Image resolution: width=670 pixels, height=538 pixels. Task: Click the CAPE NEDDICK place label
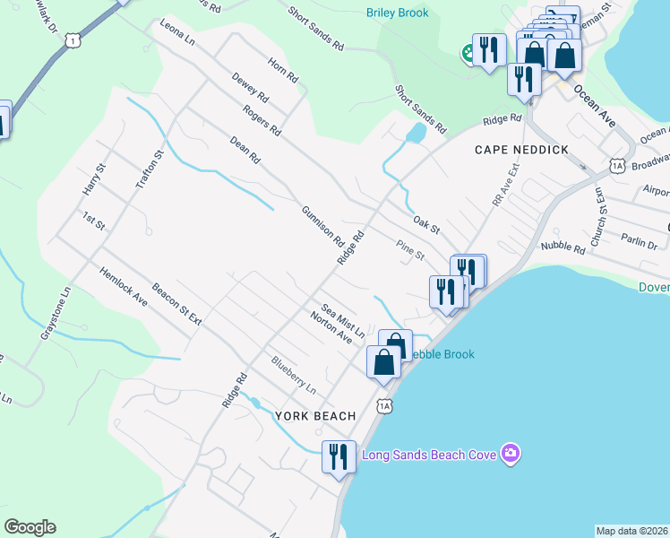521,150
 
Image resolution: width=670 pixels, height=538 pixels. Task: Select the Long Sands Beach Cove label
429,455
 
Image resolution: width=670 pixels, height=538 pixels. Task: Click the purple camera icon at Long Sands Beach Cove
511,452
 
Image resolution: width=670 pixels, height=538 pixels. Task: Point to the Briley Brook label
398,13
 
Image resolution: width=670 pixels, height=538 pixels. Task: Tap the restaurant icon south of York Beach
339,457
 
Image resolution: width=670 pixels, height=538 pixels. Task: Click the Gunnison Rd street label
322,224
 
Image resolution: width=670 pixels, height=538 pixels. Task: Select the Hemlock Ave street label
123,286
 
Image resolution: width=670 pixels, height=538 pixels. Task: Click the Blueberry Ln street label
294,376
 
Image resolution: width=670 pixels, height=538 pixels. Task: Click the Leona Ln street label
176,34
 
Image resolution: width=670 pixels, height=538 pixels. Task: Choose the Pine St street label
410,250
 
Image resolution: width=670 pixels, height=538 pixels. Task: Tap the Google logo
30,527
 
